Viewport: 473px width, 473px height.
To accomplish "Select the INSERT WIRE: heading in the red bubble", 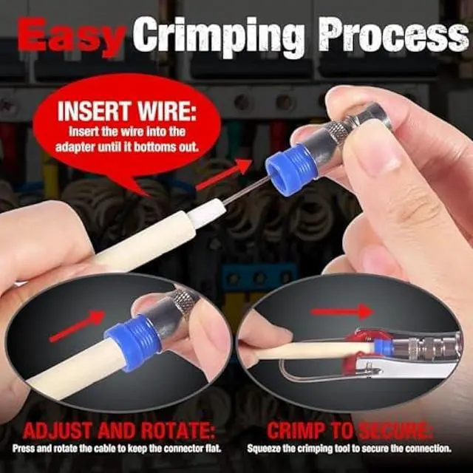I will click(x=126, y=115).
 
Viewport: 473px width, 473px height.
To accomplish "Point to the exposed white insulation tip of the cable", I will click(x=209, y=213).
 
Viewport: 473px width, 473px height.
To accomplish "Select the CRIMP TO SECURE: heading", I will click(x=350, y=431).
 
